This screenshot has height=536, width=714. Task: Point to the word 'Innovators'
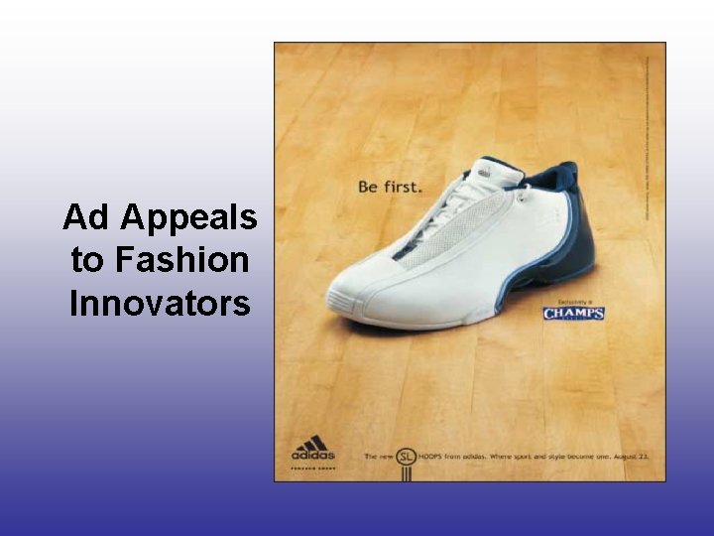tap(160, 304)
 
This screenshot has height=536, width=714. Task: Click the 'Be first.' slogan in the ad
tap(390, 186)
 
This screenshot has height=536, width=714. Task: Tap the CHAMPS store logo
tap(573, 315)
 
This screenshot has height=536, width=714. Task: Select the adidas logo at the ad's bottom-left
tap(312, 450)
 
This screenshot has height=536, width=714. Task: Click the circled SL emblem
tap(406, 457)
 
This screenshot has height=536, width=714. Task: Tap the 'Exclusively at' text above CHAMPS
tap(573, 298)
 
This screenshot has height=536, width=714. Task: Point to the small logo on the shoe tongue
tap(483, 171)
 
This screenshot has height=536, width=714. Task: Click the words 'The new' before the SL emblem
tap(378, 457)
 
